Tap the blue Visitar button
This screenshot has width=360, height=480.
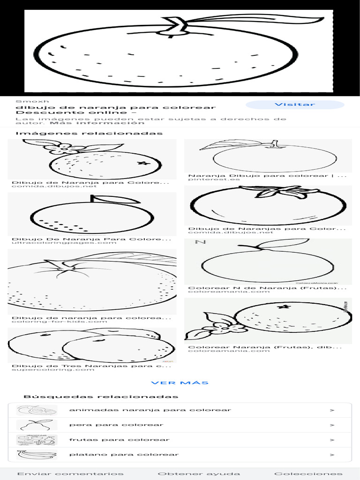click(x=295, y=105)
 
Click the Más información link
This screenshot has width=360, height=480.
click(x=97, y=123)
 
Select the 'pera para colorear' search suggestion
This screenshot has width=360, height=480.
click(x=116, y=425)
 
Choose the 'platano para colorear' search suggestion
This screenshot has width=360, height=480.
click(x=124, y=455)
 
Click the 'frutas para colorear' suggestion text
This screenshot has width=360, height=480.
click(x=119, y=440)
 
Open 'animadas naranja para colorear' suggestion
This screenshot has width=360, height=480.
click(x=150, y=410)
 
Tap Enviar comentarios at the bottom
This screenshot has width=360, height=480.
click(x=70, y=474)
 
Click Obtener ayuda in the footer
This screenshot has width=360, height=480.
click(x=199, y=474)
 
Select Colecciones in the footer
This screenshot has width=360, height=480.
click(x=308, y=474)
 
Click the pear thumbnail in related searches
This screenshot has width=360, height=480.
click(x=37, y=425)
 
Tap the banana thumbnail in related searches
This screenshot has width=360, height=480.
click(x=37, y=455)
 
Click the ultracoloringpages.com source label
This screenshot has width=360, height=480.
click(x=64, y=243)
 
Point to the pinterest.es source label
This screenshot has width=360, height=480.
click(x=214, y=180)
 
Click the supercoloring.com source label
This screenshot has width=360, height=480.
click(x=53, y=370)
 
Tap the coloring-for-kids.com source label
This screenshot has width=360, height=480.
click(x=60, y=322)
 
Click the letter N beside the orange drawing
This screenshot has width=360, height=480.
click(x=200, y=242)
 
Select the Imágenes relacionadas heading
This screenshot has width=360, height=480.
click(x=89, y=134)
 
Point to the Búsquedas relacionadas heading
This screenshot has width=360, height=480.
click(x=101, y=397)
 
